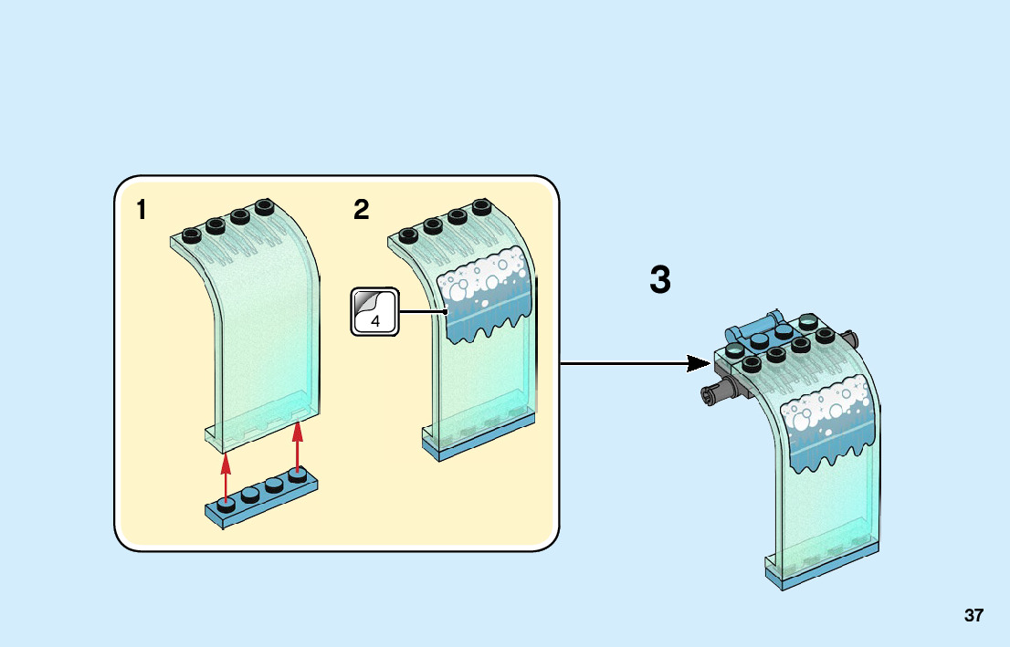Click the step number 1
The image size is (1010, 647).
tap(141, 211)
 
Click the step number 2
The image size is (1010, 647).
tap(362, 211)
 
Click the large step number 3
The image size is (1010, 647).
tap(660, 281)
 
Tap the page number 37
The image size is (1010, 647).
tap(973, 616)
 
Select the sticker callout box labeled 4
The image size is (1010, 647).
tap(375, 311)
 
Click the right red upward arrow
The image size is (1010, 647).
tap(297, 447)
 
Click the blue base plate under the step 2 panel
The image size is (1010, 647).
tap(479, 438)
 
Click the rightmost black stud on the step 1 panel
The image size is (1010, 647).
tap(265, 205)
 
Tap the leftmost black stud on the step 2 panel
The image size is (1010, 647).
tap(407, 235)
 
